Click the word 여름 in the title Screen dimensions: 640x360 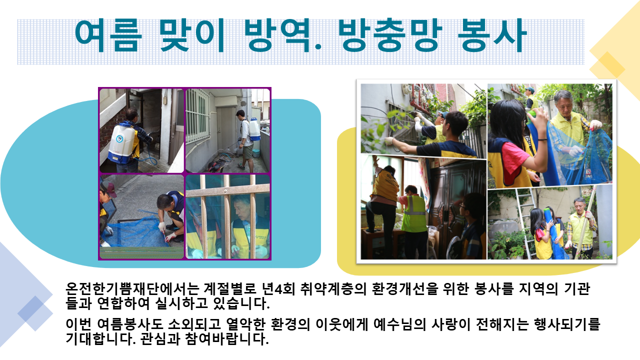point(108,35)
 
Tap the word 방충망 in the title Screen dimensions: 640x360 point(390,35)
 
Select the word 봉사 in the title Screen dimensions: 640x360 point(492,35)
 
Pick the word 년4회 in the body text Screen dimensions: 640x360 point(278,289)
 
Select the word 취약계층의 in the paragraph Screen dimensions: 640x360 point(333,289)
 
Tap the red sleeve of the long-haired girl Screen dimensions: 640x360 point(514,163)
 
